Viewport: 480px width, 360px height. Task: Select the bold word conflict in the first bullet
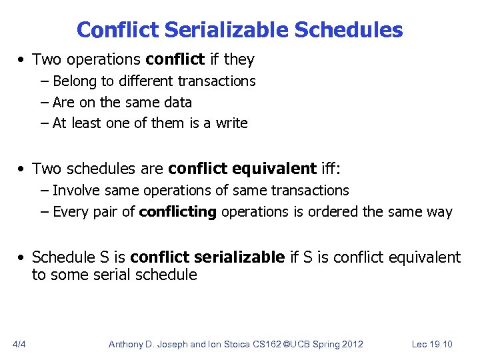click(175, 59)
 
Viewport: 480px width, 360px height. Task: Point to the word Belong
click(75, 81)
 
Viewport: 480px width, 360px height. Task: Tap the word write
click(231, 123)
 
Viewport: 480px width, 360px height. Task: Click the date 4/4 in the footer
click(19, 344)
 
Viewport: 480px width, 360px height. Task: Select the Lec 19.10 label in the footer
click(432, 344)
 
